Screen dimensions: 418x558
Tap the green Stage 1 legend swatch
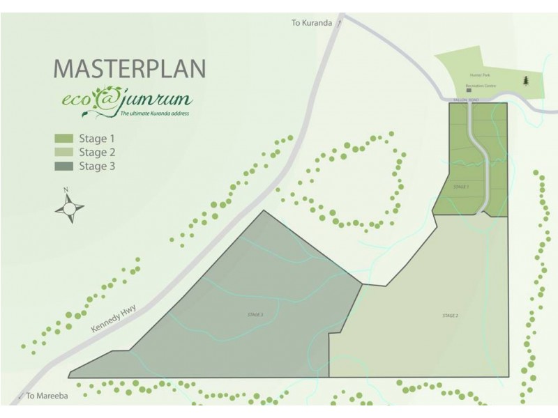pyautogui.click(x=63, y=139)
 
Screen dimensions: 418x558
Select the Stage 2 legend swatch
pyautogui.click(x=63, y=153)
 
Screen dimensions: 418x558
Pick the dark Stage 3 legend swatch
pyautogui.click(x=63, y=166)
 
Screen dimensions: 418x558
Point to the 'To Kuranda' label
pyautogui.click(x=312, y=22)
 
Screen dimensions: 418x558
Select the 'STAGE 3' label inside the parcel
pyautogui.click(x=255, y=315)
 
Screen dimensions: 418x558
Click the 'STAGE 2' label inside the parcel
pyautogui.click(x=450, y=316)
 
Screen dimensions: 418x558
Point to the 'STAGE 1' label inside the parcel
pyautogui.click(x=460, y=187)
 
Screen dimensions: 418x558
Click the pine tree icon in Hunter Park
pyautogui.click(x=525, y=82)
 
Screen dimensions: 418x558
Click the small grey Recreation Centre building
pyautogui.click(x=469, y=91)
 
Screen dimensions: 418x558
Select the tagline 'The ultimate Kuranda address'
pyautogui.click(x=155, y=113)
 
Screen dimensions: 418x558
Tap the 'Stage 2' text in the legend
pyautogui.click(x=97, y=153)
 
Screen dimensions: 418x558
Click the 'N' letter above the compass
pyautogui.click(x=66, y=189)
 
